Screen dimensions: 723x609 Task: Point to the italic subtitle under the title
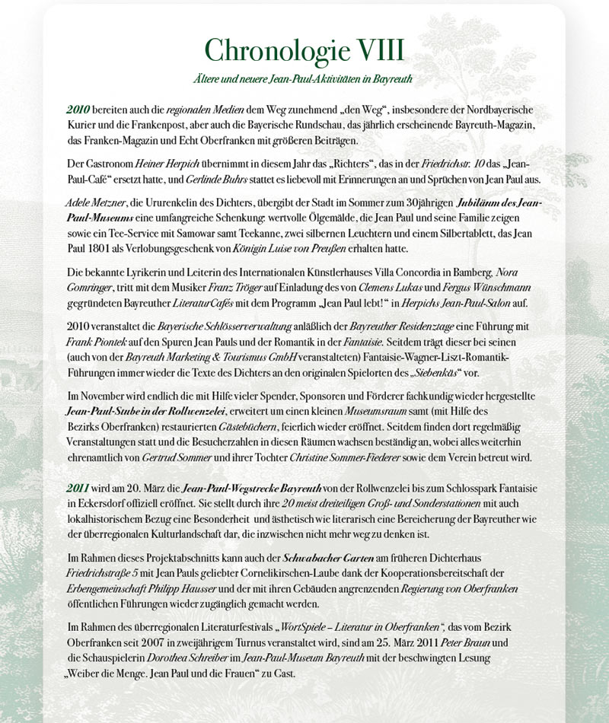(x=304, y=78)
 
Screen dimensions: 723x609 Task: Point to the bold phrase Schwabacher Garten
(x=308, y=559)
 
